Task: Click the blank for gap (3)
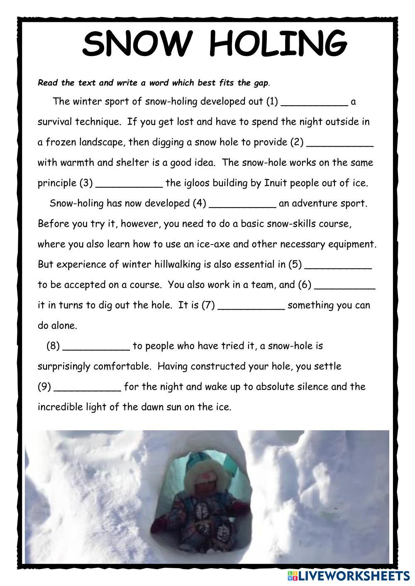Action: [x=129, y=186]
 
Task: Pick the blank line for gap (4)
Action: [x=242, y=206]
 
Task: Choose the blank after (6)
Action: [x=345, y=287]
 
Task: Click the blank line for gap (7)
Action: [x=251, y=308]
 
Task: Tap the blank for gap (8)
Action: [x=96, y=348]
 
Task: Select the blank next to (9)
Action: [x=88, y=389]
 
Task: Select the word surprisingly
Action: [x=64, y=367]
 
